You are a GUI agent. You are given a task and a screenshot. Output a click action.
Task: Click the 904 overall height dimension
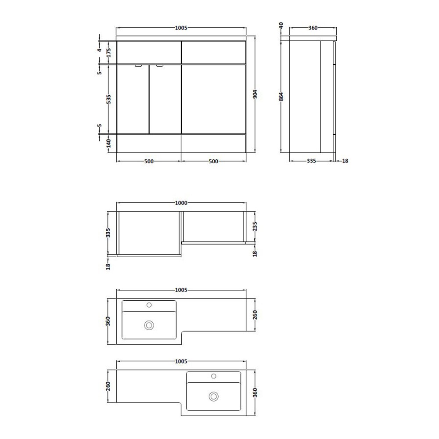255,95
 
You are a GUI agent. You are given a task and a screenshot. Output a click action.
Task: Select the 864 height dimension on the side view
281,97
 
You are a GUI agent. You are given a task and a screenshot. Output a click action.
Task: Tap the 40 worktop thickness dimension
281,25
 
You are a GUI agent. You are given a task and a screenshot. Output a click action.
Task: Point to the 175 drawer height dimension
108,52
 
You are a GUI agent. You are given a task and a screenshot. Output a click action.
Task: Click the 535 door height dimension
108,99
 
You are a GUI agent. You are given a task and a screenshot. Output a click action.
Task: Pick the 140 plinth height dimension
108,143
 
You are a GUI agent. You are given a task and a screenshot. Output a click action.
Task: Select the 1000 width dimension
181,203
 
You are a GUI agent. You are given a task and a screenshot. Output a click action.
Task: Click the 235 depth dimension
255,227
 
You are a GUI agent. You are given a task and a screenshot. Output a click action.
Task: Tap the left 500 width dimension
149,161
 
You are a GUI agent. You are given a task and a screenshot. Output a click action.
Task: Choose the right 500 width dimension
213,161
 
